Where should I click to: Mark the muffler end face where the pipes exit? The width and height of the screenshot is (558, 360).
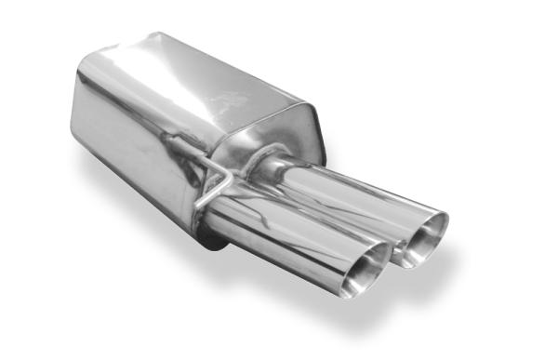coord(279,140)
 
